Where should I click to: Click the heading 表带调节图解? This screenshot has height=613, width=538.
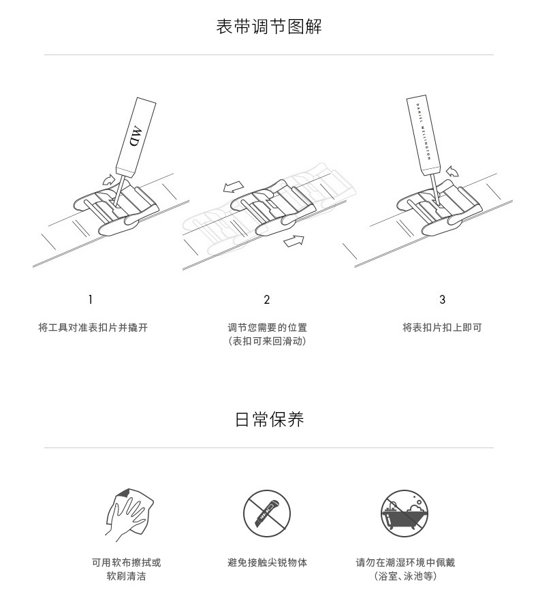click(x=269, y=27)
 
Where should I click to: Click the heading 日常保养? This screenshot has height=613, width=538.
click(x=270, y=419)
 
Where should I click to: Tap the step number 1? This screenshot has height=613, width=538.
click(x=91, y=300)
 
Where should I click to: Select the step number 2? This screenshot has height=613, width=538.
click(x=267, y=300)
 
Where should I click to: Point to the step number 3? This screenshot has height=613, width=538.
click(x=442, y=300)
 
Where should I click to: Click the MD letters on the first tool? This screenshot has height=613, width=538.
click(x=136, y=136)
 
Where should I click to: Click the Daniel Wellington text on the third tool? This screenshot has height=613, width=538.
click(x=424, y=131)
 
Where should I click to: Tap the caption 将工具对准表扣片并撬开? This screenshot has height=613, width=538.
click(x=93, y=328)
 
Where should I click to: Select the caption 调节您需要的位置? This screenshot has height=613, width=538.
click(x=268, y=328)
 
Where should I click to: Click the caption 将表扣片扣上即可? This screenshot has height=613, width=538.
click(x=442, y=328)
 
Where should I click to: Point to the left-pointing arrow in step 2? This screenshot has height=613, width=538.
click(x=234, y=187)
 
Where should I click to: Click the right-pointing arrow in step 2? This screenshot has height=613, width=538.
click(x=294, y=241)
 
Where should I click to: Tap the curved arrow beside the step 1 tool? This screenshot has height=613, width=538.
click(x=109, y=180)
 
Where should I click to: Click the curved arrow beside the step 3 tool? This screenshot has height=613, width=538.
click(x=452, y=171)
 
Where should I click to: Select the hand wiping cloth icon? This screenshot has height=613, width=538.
click(x=129, y=514)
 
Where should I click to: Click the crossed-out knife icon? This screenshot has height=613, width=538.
click(x=267, y=514)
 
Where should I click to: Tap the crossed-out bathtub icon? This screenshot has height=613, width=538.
click(x=405, y=514)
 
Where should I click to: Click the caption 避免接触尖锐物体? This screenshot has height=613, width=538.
click(x=268, y=563)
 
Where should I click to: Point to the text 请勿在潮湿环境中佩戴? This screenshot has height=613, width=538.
click(x=405, y=563)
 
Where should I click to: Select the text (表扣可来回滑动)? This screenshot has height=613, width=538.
click(x=268, y=341)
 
